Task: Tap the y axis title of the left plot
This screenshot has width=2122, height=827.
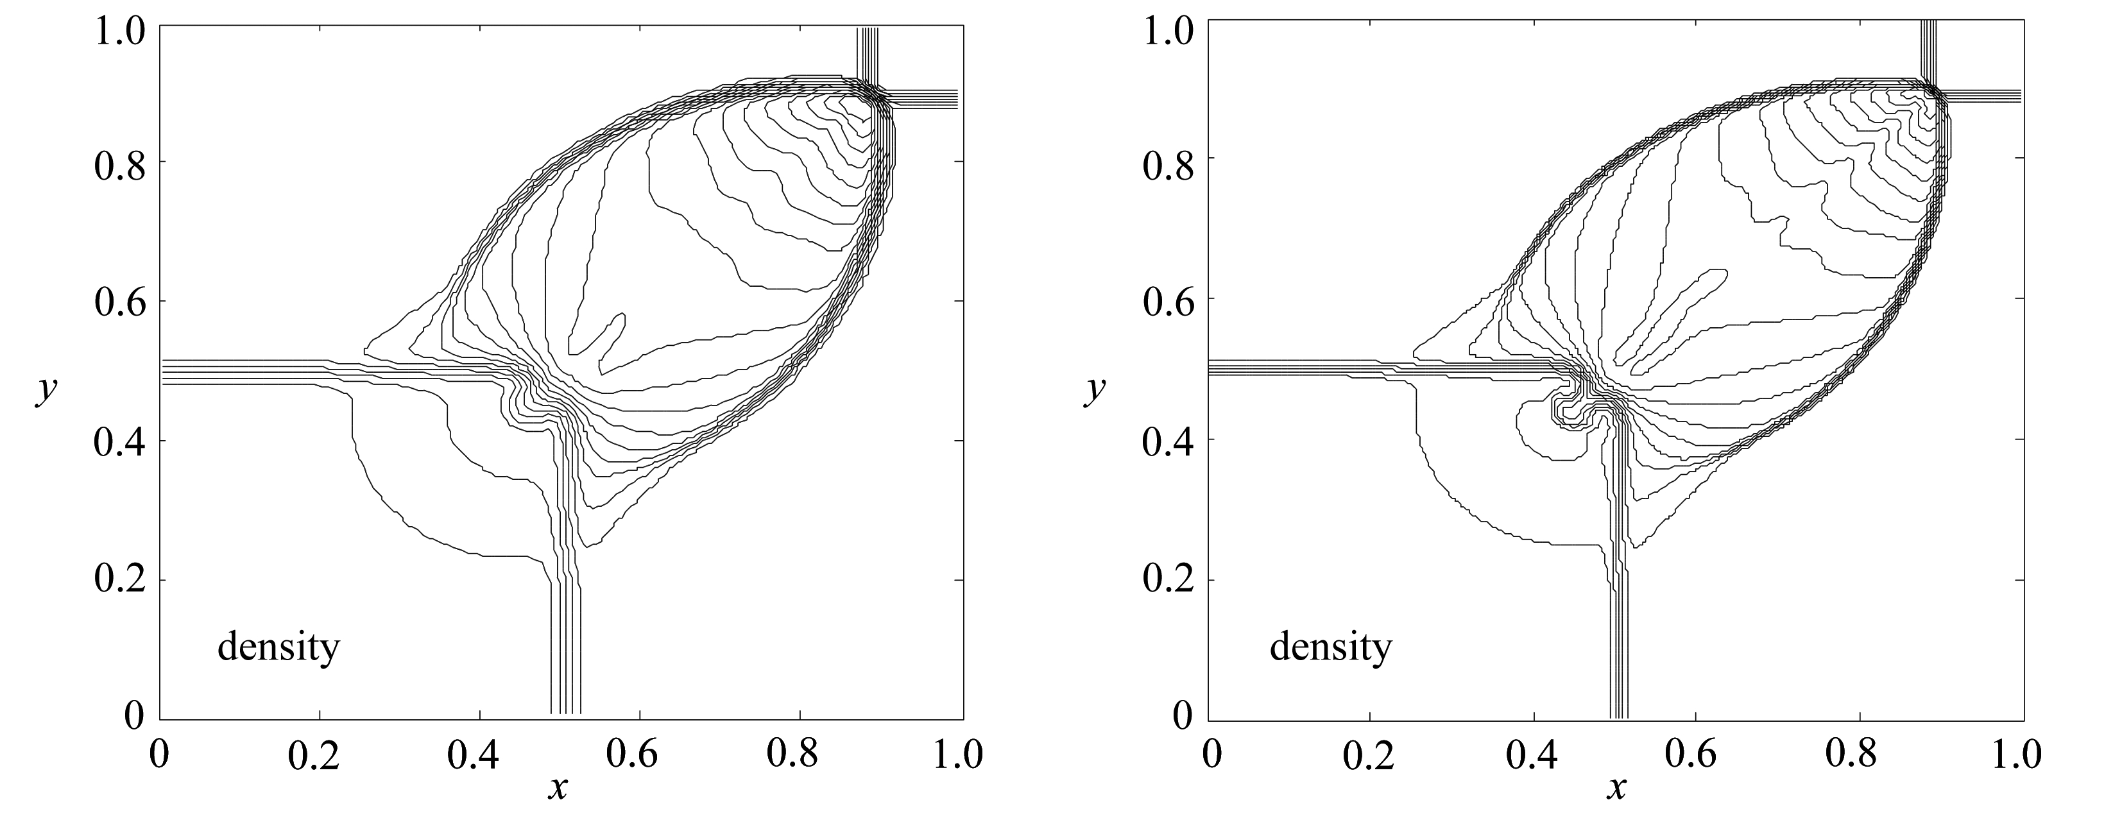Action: [46, 391]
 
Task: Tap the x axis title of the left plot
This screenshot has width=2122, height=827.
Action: [558, 789]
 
